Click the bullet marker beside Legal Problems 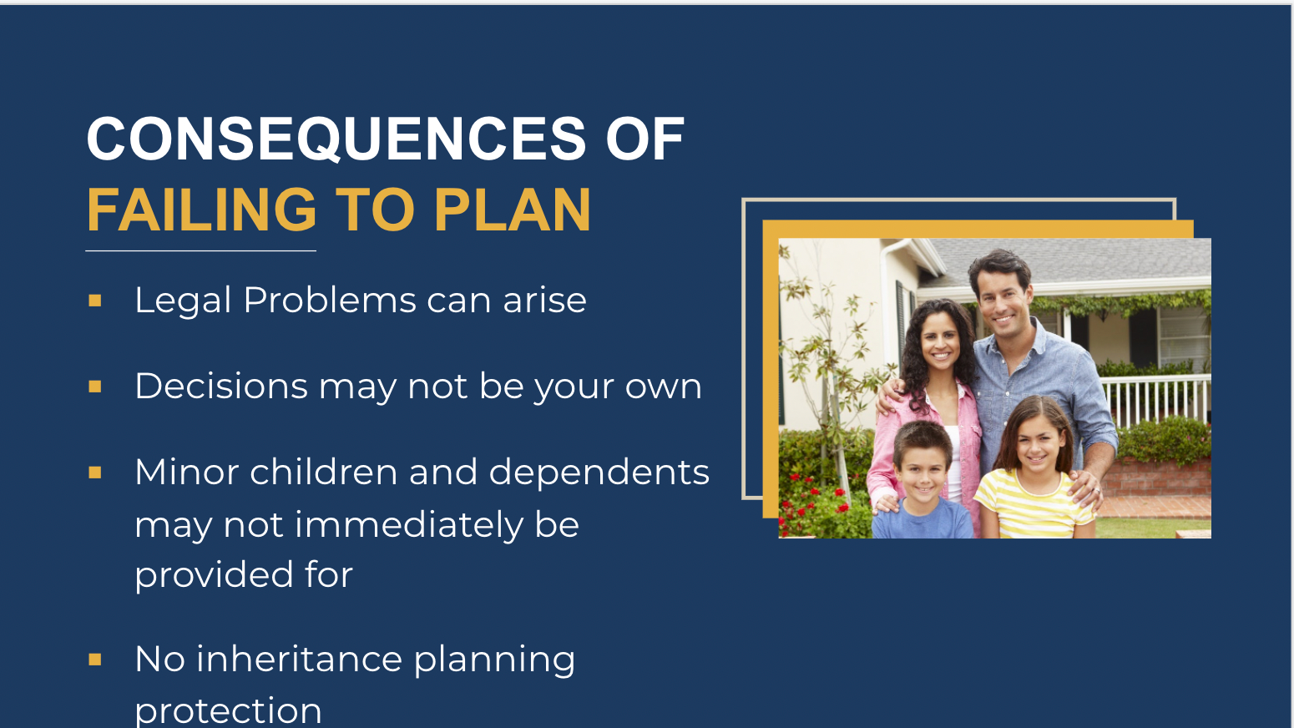click(x=95, y=301)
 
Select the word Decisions click(x=221, y=386)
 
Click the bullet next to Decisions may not click(x=95, y=387)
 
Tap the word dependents click(x=599, y=473)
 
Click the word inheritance click(x=300, y=659)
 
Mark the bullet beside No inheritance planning click(x=95, y=660)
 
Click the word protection click(x=228, y=710)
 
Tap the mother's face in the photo click(x=940, y=341)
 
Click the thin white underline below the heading click(x=200, y=250)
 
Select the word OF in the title click(x=644, y=139)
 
